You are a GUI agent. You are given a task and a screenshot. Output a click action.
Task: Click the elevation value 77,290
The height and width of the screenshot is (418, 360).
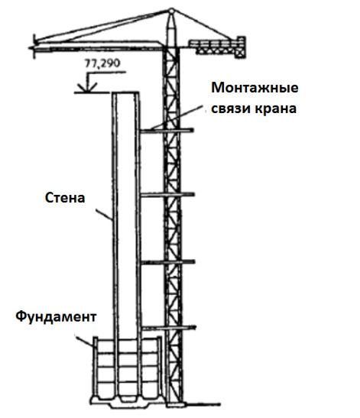102,63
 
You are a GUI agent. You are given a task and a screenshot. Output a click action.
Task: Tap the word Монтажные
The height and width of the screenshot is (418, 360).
255,88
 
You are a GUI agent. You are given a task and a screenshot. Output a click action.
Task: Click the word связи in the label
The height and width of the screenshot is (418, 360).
230,109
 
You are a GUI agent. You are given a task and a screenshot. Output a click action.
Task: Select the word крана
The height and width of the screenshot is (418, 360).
275,109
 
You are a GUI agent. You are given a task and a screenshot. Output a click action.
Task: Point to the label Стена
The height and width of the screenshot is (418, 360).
65,198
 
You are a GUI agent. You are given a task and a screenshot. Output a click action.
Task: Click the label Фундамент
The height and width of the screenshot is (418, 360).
56,317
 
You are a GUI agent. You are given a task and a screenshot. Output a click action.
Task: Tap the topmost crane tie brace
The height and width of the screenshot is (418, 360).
167,131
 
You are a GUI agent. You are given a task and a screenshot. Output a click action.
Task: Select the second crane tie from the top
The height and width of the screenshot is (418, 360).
167,195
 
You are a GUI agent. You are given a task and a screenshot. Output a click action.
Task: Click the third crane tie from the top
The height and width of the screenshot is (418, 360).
167,263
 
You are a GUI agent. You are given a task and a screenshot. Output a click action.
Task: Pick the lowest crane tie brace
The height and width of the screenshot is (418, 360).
168,328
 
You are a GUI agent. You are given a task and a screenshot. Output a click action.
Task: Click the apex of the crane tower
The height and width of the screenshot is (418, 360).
171,11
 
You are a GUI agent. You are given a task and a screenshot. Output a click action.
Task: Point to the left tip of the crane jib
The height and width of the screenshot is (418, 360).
30,48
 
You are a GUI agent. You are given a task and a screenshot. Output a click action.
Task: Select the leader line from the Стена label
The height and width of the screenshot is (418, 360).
104,215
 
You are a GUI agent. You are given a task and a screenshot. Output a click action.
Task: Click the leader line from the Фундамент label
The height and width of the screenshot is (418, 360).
85,341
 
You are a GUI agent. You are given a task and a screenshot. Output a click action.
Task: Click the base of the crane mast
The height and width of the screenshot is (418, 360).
175,403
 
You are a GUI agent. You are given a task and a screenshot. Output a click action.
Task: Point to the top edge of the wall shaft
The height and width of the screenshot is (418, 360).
125,92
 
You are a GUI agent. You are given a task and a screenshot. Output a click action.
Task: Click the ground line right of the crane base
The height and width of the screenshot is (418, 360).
202,404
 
